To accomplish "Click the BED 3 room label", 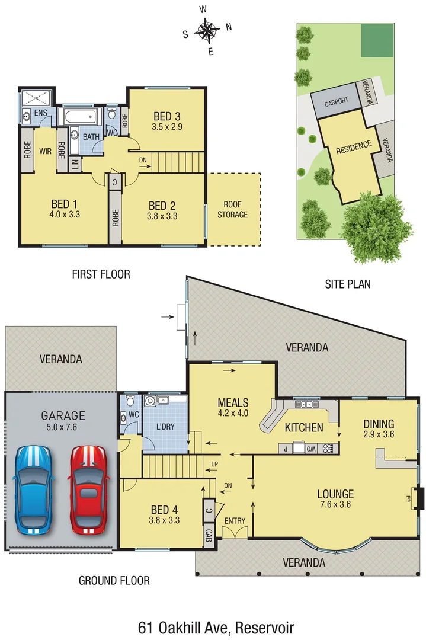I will point(167,121).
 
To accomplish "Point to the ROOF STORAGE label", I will point(232,209).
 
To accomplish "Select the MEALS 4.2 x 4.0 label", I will point(232,408).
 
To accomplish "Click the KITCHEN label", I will point(304,427).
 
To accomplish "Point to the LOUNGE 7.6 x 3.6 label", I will point(335,499).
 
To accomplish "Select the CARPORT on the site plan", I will point(336,103).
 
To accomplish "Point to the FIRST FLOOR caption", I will point(101,274).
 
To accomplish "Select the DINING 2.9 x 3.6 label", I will point(379,428).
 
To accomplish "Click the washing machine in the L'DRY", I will point(152,402).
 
